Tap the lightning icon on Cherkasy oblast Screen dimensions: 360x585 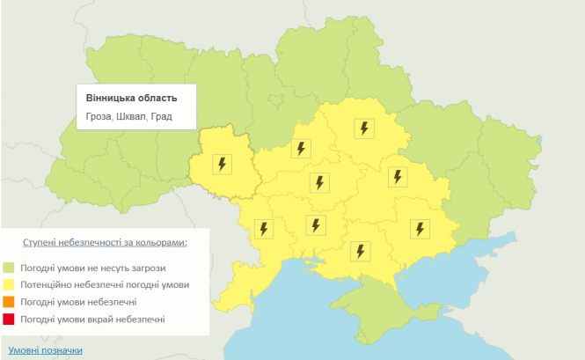tap(301, 149)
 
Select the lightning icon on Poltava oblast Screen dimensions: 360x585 tap(363, 129)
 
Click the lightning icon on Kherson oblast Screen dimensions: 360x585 tap(360, 251)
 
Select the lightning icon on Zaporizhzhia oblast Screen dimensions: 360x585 tap(420, 229)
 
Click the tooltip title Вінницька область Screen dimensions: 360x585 tap(130, 97)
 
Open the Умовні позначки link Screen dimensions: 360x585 tap(46, 350)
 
